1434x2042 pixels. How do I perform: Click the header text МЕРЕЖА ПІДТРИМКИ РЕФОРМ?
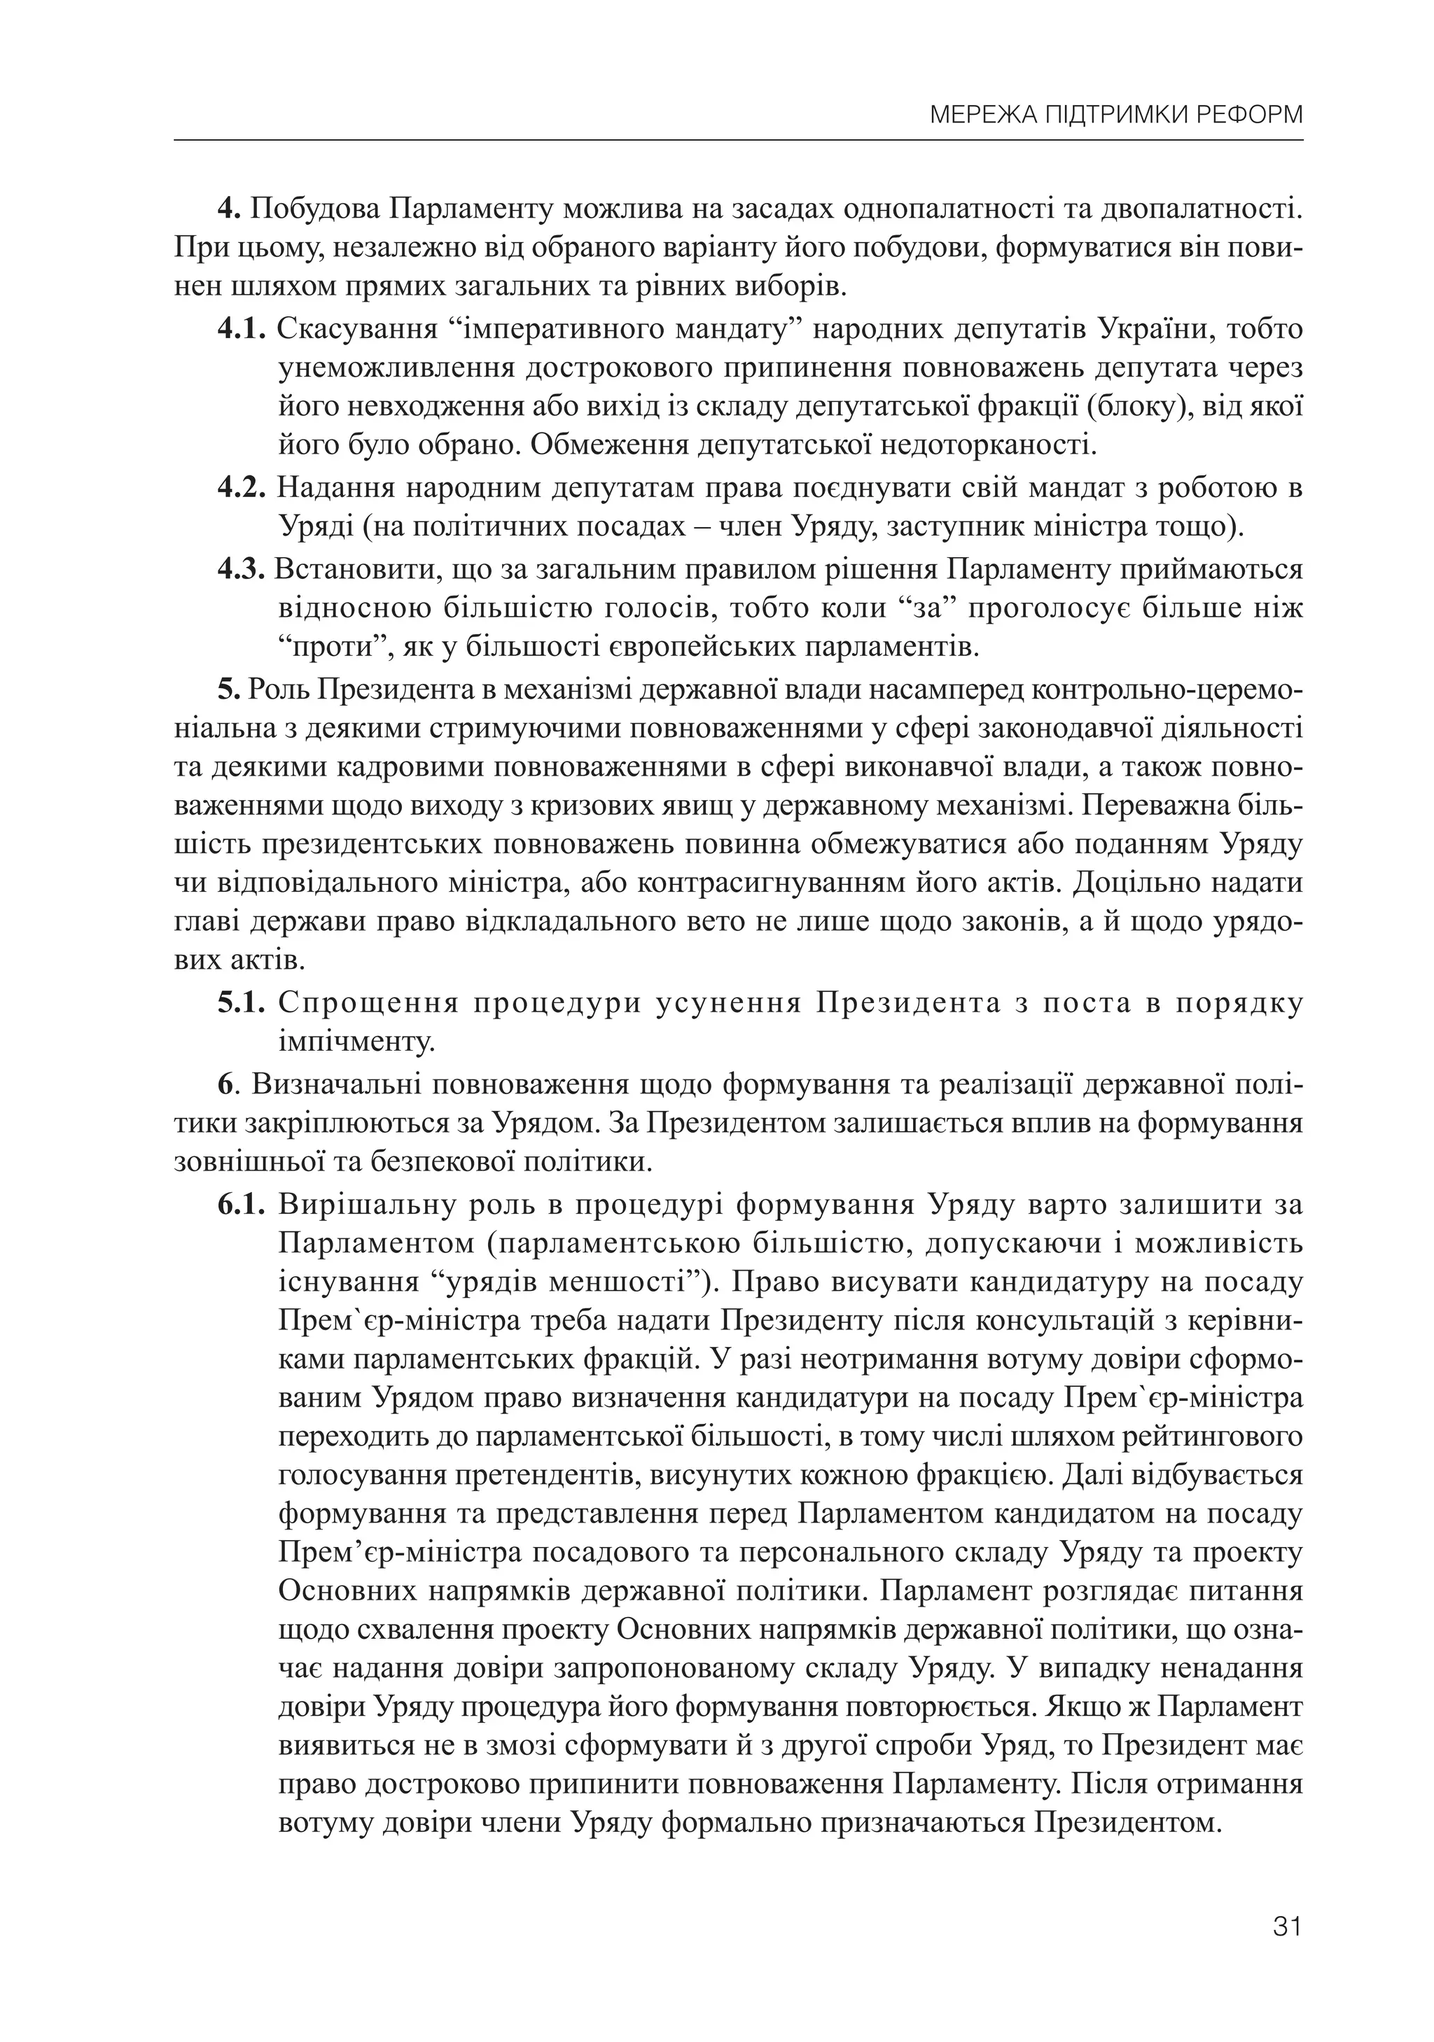1115,116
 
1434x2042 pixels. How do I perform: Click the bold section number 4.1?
241,328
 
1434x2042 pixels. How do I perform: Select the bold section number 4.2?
241,487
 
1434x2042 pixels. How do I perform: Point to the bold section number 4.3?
241,568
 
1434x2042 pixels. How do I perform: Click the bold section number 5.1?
241,1003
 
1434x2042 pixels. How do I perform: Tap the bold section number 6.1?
241,1204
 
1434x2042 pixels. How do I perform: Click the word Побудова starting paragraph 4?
316,210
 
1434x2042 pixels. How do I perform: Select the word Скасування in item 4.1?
358,328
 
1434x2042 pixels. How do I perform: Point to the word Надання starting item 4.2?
332,487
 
